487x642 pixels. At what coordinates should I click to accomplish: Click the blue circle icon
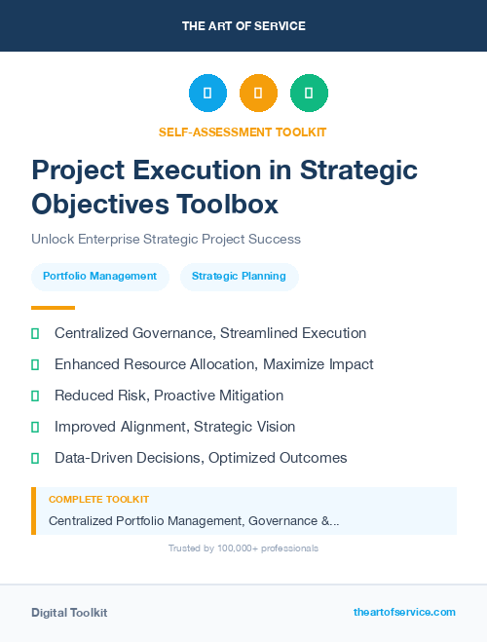tap(207, 94)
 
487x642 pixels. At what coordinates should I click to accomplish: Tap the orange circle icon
tap(258, 94)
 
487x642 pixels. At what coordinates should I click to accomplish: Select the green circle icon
tap(309, 94)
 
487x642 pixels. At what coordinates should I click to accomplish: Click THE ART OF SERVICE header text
tap(243, 26)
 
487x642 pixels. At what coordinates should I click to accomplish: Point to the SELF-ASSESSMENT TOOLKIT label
tap(243, 132)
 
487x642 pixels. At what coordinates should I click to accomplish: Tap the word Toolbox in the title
tap(228, 205)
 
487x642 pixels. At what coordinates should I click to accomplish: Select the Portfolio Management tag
tap(100, 276)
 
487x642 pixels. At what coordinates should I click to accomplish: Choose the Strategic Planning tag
tap(239, 276)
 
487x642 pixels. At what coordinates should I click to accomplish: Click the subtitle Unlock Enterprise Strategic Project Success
tap(166, 239)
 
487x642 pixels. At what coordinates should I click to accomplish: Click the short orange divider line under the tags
tap(53, 307)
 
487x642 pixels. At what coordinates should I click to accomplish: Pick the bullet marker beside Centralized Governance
tap(35, 333)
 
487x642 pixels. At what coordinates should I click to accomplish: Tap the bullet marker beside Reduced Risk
tap(35, 396)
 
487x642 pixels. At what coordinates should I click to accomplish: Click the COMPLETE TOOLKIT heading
tap(98, 499)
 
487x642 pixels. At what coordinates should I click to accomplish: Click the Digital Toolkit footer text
tap(69, 613)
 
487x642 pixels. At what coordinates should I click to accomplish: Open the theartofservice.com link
tap(404, 612)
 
